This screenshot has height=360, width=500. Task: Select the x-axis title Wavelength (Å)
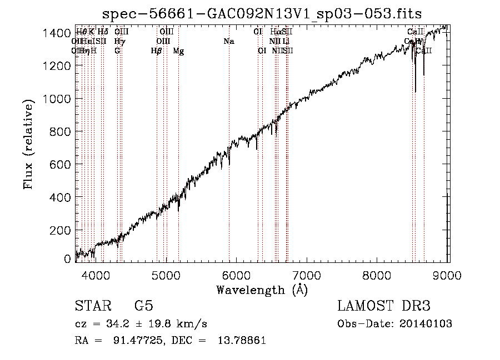click(262, 290)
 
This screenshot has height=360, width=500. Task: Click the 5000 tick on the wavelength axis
click(166, 275)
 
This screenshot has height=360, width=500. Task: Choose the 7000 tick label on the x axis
click(307, 275)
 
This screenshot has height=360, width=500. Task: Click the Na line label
click(229, 42)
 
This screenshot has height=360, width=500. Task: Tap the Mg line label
click(178, 51)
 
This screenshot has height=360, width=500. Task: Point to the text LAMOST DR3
click(384, 306)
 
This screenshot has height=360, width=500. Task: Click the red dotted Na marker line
click(229, 166)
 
